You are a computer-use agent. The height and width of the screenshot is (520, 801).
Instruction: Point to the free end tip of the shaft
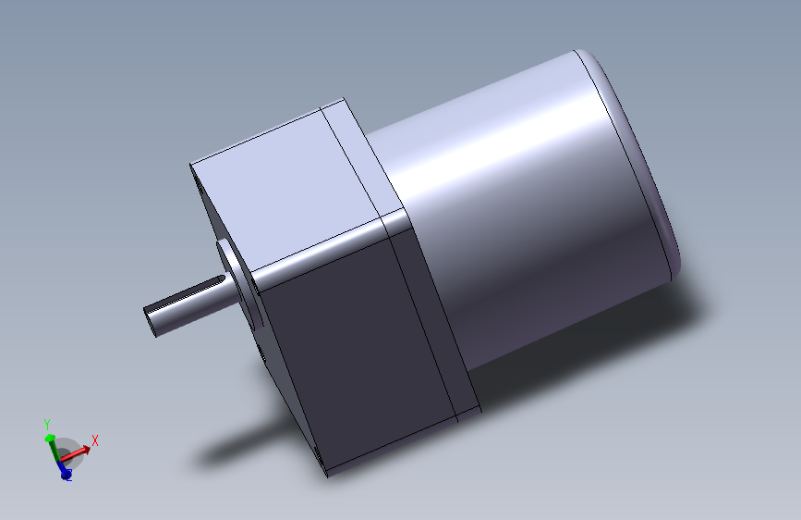151,319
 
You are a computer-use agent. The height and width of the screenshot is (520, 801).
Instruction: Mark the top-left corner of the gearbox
191,166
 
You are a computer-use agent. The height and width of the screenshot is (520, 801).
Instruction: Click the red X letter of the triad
94,440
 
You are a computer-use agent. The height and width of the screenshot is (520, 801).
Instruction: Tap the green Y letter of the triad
46,423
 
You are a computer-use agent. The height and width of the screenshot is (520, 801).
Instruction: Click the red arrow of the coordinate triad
79,452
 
